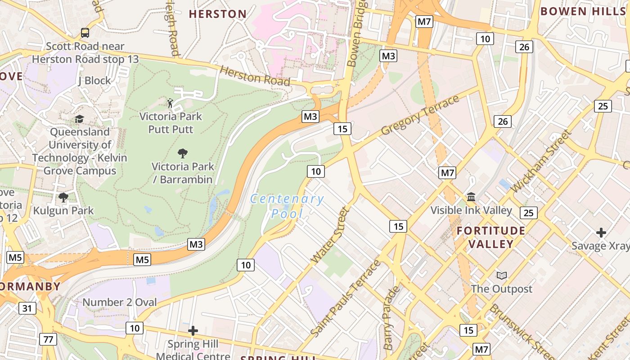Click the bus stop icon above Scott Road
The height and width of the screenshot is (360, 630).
[x=85, y=32]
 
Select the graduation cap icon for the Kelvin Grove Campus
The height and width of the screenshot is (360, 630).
[x=80, y=119]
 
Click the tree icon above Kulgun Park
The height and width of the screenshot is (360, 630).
[x=63, y=197]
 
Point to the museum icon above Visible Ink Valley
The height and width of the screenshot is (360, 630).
[x=471, y=197]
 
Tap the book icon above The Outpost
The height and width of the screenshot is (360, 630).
[x=501, y=275]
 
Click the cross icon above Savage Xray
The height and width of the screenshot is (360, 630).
[x=601, y=233]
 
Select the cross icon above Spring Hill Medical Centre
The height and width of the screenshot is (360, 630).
[x=193, y=331]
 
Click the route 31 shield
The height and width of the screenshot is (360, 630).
[x=27, y=308]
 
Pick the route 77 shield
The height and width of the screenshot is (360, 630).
[x=48, y=339]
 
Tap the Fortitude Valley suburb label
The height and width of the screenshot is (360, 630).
[x=491, y=238]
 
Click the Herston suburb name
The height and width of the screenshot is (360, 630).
[x=217, y=14]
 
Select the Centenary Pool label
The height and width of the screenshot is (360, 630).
[x=287, y=206]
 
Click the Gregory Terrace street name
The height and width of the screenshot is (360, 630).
[x=420, y=115]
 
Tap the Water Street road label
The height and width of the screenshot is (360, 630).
[x=330, y=235]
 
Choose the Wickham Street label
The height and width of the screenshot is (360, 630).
[x=541, y=161]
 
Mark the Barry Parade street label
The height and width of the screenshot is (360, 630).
[x=391, y=317]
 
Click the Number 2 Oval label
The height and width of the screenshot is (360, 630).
[x=119, y=302]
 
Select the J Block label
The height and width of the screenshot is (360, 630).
[x=94, y=81]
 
